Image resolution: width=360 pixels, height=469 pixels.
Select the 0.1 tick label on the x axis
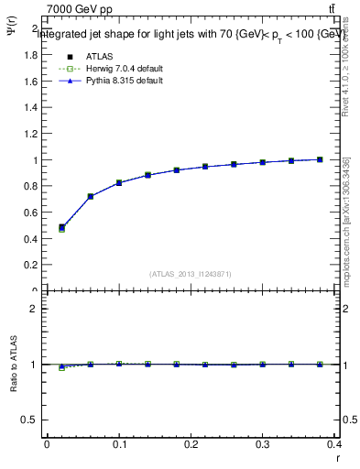[119, 444]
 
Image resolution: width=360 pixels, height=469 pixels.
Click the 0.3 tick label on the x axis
[264, 444]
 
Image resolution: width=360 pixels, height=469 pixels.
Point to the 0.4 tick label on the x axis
[335, 444]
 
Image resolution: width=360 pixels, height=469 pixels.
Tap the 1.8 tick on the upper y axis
[31, 55]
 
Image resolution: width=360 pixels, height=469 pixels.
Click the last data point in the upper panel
[321, 159]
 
